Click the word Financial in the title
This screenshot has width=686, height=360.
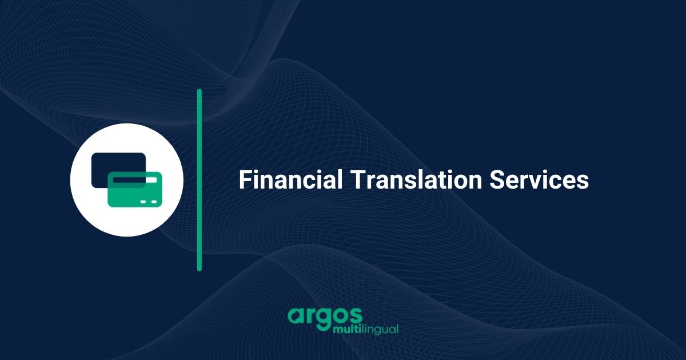(290, 180)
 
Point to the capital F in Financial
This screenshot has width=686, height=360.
(244, 180)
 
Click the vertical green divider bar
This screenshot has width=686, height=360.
(200, 179)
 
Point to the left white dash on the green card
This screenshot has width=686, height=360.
(144, 202)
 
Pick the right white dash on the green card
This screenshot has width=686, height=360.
(153, 202)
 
